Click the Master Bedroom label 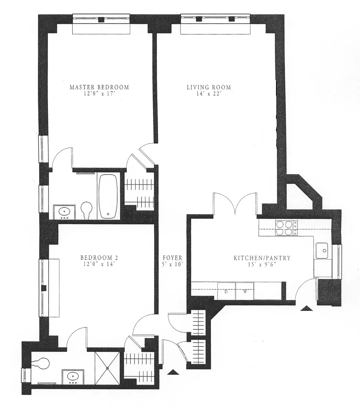pyautogui.click(x=99, y=87)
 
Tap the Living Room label pyautogui.click(x=209, y=87)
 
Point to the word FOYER pyautogui.click(x=172, y=258)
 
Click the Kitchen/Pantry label pyautogui.click(x=262, y=258)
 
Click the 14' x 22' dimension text pyautogui.click(x=209, y=94)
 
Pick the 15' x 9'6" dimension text pyautogui.click(x=262, y=264)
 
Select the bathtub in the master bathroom pyautogui.click(x=108, y=196)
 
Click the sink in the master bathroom pyautogui.click(x=64, y=212)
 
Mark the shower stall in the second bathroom pyautogui.click(x=107, y=368)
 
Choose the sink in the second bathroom pyautogui.click(x=73, y=377)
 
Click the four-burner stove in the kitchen pyautogui.click(x=286, y=228)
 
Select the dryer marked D pyautogui.click(x=227, y=291)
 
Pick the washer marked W pyautogui.click(x=245, y=291)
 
